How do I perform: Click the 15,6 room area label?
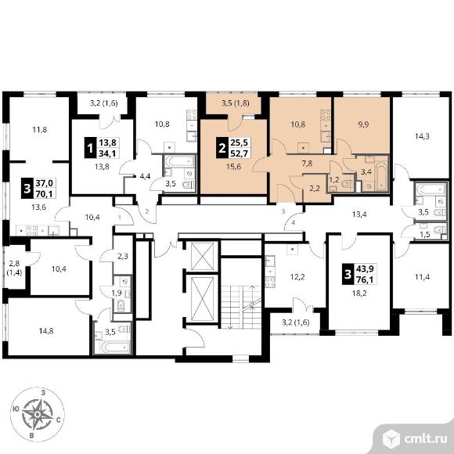234,167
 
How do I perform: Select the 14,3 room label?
422,136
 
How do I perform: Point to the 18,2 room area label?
359,294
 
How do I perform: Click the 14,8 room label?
46,330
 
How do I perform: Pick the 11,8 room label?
40,130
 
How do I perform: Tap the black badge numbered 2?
222,148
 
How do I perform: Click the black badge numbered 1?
90,148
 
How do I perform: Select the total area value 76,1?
365,279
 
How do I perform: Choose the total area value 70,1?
45,193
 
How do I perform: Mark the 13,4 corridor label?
359,214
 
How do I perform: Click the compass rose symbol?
38,415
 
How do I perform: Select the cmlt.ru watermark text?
425,439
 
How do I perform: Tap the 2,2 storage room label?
315,189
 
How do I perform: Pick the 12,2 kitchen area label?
297,277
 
